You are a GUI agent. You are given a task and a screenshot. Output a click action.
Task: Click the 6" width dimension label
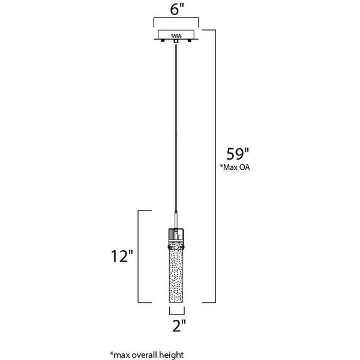[177, 10]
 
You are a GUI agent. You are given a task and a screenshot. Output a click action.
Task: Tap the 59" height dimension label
[238, 154]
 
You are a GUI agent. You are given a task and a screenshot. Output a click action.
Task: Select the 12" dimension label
[122, 256]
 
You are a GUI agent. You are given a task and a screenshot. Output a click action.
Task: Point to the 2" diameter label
[179, 325]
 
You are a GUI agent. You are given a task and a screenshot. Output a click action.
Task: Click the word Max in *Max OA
[229, 167]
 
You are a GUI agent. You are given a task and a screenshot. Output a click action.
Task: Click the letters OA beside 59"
[245, 167]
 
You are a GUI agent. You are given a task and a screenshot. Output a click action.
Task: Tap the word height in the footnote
[172, 355]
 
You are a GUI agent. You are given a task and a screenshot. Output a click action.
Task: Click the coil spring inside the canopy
[176, 36]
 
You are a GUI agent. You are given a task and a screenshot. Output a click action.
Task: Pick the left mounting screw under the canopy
[163, 41]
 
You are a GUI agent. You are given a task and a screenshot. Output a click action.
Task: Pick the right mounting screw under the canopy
[190, 41]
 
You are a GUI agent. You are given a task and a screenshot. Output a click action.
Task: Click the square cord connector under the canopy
[176, 41]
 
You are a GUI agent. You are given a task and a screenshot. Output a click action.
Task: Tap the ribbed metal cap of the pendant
[176, 237]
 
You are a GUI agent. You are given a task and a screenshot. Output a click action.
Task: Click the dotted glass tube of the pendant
[176, 276]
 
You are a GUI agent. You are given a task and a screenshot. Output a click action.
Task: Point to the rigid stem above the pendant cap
[176, 219]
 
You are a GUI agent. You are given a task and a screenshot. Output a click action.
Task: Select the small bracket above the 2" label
[177, 310]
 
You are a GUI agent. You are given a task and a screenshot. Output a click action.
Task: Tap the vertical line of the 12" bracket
[138, 256]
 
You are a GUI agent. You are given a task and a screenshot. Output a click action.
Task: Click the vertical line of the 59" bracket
[215, 166]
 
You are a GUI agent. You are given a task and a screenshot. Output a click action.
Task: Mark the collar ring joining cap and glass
[176, 247]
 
